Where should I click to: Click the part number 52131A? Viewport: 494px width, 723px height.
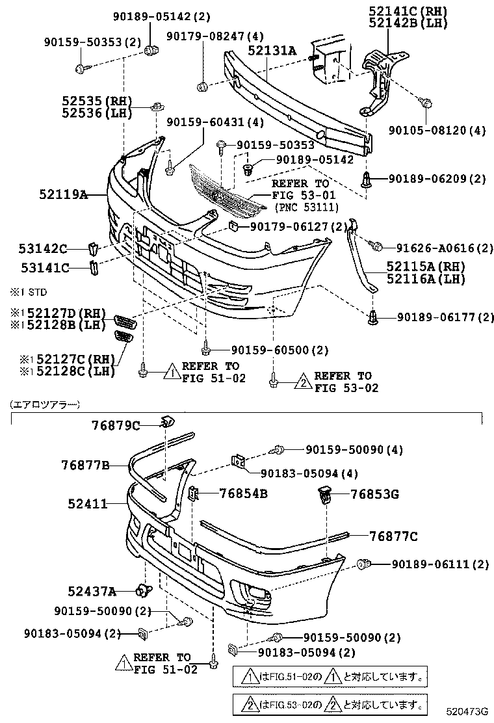[x=271, y=51]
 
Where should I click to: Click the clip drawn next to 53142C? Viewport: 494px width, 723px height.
[x=93, y=248]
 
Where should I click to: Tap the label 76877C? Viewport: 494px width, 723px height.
[x=393, y=536]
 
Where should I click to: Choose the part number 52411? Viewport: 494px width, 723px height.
[x=87, y=503]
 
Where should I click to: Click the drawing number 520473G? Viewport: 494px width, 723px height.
[x=466, y=713]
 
